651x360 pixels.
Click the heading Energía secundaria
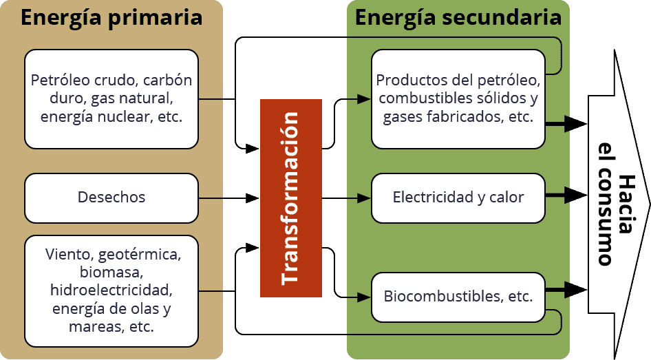458,18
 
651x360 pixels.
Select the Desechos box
111,198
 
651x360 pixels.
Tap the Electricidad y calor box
458,198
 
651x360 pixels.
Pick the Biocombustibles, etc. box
458,297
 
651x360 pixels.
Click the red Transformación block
291,198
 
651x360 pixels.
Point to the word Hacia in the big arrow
626,204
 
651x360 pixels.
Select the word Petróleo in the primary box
61,80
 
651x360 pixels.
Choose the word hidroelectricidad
111,290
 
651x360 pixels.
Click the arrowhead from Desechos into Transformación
252,198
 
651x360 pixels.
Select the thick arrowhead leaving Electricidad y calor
576,195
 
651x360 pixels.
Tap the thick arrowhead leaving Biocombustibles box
576,289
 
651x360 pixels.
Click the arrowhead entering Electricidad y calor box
364,198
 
